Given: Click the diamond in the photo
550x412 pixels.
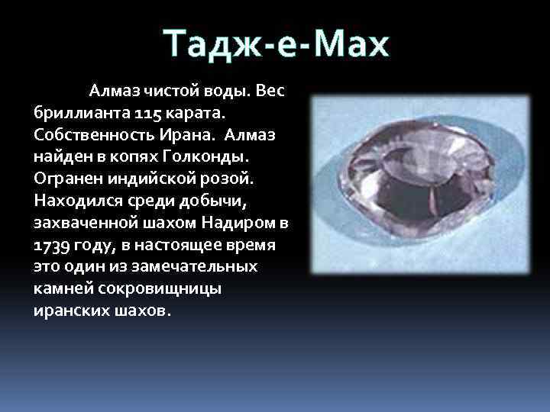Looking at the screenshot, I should click(421, 184).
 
